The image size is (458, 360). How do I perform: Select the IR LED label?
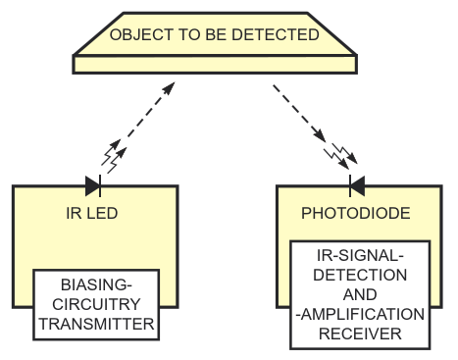pos(92,213)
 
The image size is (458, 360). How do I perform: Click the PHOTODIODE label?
pos(356,213)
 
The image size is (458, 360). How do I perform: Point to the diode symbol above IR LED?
pos(93,186)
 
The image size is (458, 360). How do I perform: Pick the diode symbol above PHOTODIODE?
pos(357,186)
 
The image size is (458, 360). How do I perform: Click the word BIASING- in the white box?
pos(96,284)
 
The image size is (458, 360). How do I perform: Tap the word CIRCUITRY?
pos(96,304)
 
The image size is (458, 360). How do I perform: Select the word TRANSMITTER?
pos(96,324)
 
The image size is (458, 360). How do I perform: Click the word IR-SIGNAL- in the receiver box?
pos(360,255)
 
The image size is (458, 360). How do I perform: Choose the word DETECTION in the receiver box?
pos(360,275)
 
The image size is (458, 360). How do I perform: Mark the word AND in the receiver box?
pos(360,294)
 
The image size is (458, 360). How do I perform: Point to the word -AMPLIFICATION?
pos(360,314)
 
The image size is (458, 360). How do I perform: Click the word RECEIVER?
pos(360,334)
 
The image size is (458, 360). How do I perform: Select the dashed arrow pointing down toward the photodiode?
pos(299,114)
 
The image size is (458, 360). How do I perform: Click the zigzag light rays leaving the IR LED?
pos(114,156)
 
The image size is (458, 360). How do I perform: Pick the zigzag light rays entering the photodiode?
pos(340,156)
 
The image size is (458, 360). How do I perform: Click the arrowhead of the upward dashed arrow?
pos(170,88)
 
